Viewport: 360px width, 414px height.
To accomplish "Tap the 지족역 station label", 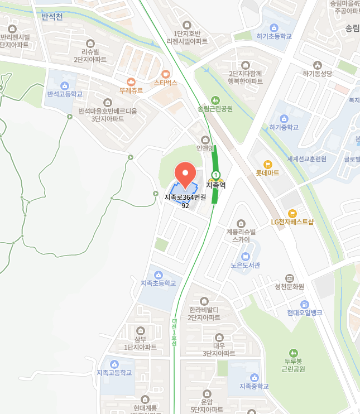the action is point(215,185).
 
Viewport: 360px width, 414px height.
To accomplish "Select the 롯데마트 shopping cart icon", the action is point(268,164).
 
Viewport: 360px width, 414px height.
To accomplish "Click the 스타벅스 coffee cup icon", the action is point(165,74).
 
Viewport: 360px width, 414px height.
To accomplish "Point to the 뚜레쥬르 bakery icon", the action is point(131,82).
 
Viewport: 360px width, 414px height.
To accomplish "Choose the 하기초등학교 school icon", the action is point(274,28).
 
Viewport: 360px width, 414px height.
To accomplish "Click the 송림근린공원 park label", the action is point(215,109).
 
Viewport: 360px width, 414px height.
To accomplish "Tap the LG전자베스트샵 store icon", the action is point(292,214).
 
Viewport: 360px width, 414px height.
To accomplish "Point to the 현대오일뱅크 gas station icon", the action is point(305,305).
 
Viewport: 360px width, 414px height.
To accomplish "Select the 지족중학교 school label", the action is point(254,386).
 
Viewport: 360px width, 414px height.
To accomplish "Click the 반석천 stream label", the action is point(52,16).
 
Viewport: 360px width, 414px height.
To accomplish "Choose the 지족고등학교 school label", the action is point(114,373).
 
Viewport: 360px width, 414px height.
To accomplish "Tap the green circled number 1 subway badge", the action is point(215,175).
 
